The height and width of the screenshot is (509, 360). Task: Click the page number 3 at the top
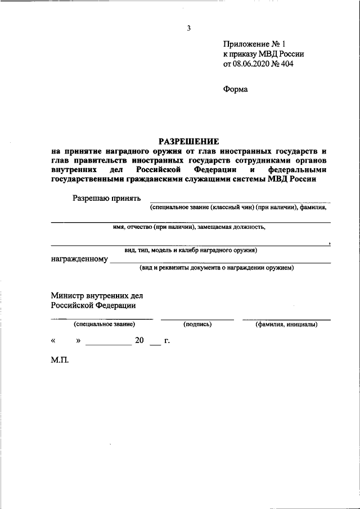189,28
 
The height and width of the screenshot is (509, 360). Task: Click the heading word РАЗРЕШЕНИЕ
188,141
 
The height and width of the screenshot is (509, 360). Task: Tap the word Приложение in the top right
246,43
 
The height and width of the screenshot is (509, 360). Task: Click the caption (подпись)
197,325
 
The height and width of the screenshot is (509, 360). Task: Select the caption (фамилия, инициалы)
286,325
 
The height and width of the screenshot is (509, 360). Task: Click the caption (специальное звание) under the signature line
103,325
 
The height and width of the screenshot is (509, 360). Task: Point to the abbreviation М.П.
60,360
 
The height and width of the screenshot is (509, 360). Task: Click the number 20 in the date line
139,340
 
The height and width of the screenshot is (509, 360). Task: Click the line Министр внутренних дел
97,295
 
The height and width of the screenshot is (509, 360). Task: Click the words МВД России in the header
281,53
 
